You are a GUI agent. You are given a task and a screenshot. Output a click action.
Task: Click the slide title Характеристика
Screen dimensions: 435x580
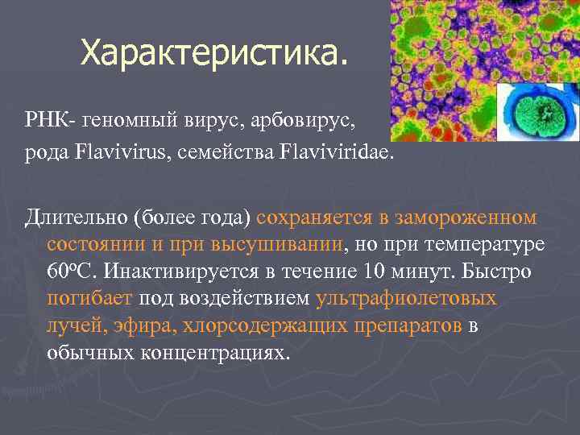point(216,54)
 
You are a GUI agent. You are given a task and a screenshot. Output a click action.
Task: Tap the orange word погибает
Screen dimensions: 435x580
point(89,299)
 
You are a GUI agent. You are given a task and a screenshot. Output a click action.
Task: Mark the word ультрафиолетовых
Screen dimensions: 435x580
point(406,299)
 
